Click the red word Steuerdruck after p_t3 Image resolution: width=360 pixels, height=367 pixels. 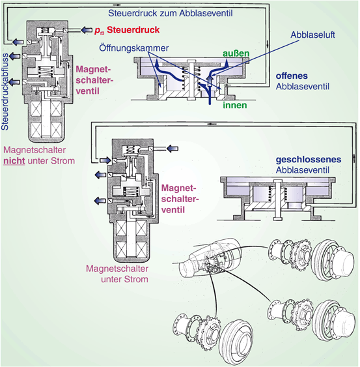pos(133,30)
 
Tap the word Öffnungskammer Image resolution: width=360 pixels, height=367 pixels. pos(133,48)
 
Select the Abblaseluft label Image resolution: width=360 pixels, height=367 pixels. pos(312,35)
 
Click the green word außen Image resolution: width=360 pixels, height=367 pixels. pos(236,53)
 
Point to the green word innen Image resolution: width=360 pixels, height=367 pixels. pos(235,105)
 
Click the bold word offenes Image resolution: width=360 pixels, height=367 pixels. pos(292,76)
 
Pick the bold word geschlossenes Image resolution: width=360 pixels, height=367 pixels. pos(309,160)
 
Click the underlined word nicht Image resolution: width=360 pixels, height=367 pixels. pos(14,161)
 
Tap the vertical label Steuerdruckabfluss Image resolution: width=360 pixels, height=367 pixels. pos(5,91)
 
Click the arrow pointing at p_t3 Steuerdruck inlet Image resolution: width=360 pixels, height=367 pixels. pos(87,30)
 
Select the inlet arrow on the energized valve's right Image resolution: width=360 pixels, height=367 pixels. pos(173,149)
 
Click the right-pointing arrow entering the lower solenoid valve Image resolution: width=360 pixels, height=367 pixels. pos(105,160)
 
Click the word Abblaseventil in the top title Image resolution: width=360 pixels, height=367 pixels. pos(206,13)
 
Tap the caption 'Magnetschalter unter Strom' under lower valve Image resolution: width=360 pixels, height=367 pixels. pos(117,274)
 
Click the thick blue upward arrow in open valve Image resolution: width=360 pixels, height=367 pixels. pos(210,79)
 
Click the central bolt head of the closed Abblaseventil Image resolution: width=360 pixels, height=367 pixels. pos(277,181)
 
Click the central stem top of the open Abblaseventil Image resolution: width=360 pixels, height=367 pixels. pos(191,61)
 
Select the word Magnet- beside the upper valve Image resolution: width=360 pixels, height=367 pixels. pos(93,69)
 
